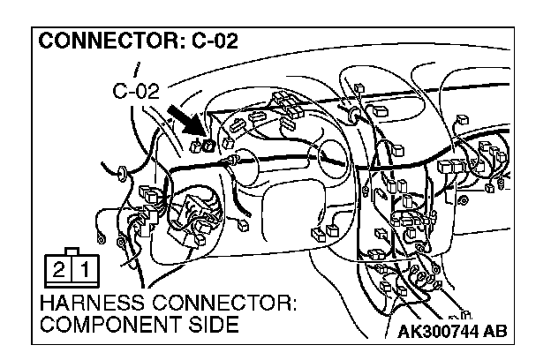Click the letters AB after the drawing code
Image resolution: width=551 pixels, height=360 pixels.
click(494, 333)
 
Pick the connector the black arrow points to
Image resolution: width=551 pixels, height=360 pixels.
click(208, 143)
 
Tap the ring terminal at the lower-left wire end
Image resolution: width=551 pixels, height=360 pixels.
click(104, 236)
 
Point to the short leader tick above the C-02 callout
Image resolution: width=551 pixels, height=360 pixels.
click(137, 68)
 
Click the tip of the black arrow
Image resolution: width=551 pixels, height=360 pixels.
click(201, 136)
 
